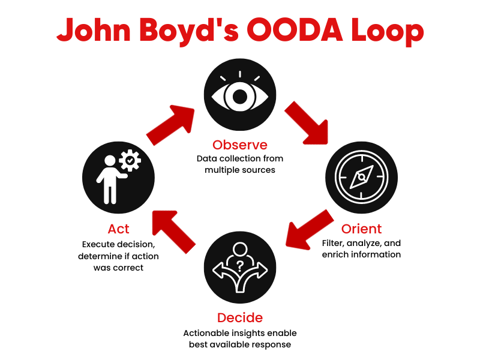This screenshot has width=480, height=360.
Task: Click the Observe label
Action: [239, 145]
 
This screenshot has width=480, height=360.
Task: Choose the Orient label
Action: [361, 229]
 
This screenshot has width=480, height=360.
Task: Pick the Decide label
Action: [239, 317]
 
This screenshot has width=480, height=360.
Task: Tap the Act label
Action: [119, 229]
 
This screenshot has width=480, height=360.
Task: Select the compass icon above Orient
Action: [361, 178]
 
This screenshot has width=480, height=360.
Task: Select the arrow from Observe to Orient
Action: [307, 123]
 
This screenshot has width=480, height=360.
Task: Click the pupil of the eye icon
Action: [240, 96]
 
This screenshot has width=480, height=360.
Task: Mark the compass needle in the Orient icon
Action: [361, 178]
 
